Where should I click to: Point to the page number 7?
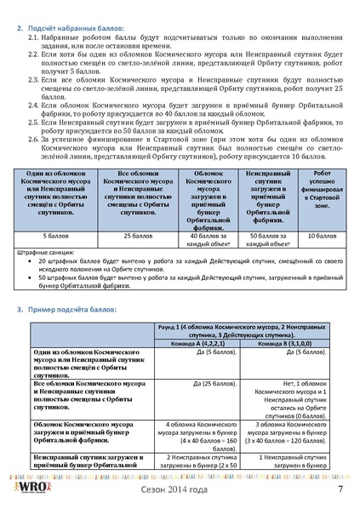click(339, 489)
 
